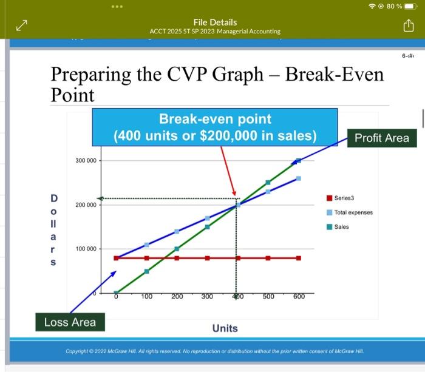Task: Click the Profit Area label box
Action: click(381, 138)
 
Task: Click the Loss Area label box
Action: click(70, 322)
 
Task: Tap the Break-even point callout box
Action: click(215, 127)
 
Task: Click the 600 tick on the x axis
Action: click(299, 297)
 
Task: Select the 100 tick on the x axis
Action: click(147, 297)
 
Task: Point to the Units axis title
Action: click(225, 328)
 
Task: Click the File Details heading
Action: click(215, 22)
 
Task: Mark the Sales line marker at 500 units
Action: click(268, 183)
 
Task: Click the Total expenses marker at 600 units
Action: click(298, 178)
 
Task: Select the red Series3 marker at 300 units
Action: click(207, 258)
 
